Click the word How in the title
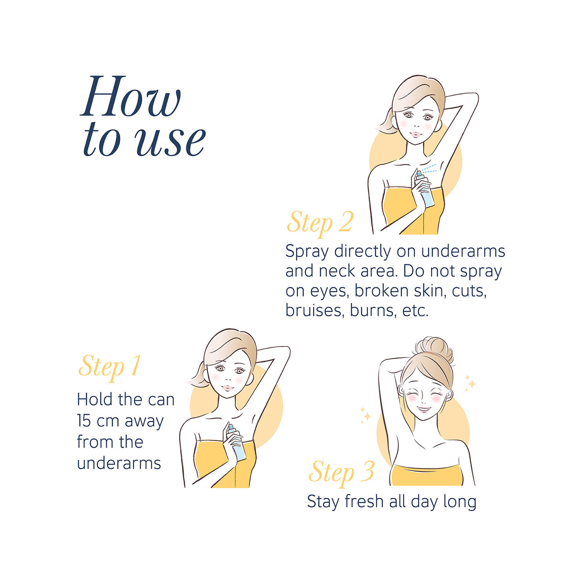131,96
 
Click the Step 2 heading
320,223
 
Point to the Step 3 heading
341,472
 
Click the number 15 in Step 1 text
84,420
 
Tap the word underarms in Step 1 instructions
119,463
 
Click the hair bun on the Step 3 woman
434,349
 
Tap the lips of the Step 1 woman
227,388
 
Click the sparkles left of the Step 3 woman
366,415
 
